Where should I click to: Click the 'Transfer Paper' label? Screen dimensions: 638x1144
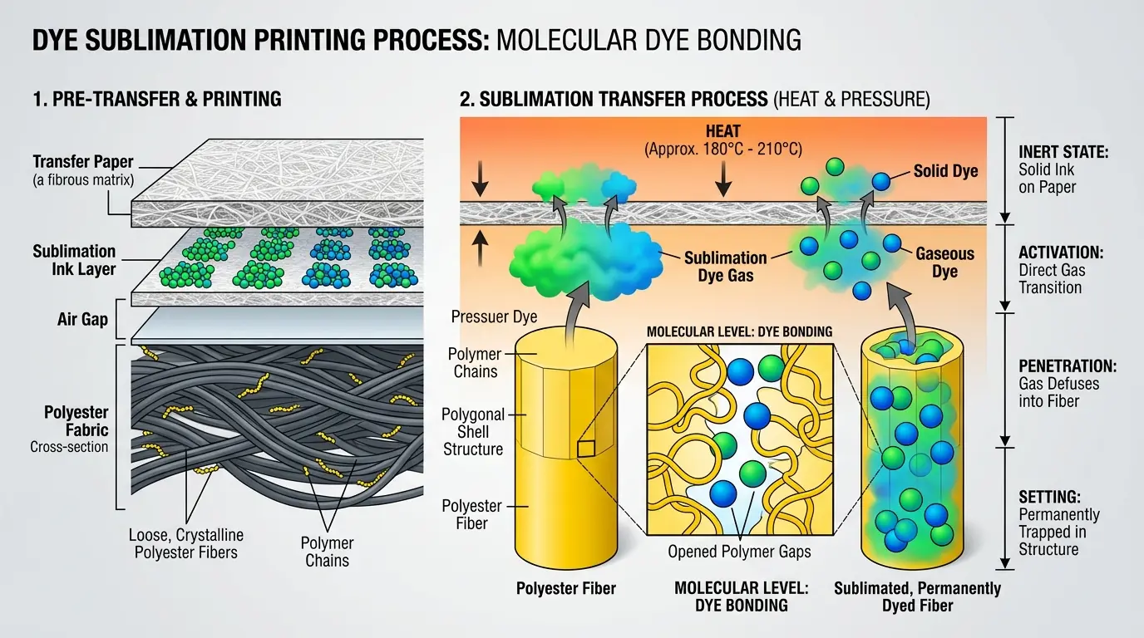coord(83,162)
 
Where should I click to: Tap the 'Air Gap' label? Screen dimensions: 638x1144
coord(81,319)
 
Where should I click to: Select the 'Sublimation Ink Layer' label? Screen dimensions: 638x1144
coord(75,260)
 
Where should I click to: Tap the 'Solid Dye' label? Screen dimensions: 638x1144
coord(946,171)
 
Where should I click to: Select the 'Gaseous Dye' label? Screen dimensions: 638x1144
coord(945,263)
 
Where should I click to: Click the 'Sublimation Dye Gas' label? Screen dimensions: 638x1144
coord(725,266)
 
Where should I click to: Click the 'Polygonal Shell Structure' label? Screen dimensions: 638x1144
coord(472,431)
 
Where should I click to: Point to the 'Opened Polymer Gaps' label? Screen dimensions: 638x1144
coord(739,552)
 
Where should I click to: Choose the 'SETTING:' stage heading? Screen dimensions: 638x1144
coord(1049,497)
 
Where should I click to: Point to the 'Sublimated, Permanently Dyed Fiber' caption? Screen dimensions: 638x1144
coord(918,596)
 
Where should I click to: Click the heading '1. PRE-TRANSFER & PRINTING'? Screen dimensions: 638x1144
coord(157,100)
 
